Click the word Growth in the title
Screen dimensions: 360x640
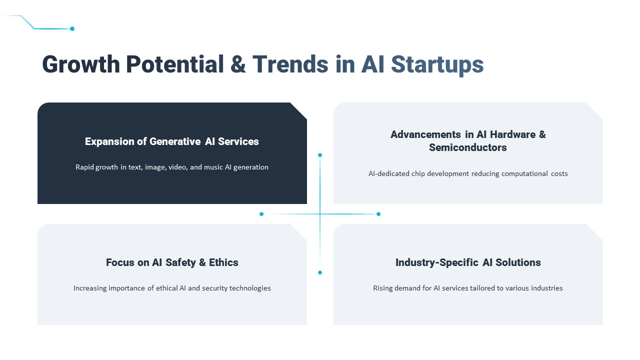(x=81, y=64)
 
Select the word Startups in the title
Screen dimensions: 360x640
(x=437, y=64)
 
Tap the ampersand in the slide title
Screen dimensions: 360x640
(x=238, y=64)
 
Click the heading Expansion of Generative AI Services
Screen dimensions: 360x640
(x=172, y=141)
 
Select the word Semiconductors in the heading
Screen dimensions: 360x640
(x=467, y=147)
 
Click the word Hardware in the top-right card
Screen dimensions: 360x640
(x=512, y=134)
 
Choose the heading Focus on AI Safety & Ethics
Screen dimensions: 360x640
(x=172, y=262)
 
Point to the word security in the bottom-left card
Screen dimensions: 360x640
(x=214, y=288)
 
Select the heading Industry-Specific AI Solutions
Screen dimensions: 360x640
(x=467, y=262)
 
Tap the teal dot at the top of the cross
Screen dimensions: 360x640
(x=320, y=155)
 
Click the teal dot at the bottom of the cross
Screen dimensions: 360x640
(x=320, y=272)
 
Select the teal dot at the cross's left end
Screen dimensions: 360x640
(x=261, y=214)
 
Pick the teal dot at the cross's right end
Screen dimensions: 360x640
(x=378, y=214)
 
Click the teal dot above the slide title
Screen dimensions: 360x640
(x=72, y=29)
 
